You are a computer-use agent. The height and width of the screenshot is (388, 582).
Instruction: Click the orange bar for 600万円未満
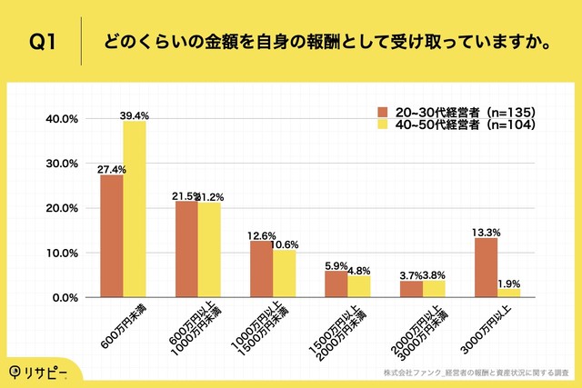coord(112,236)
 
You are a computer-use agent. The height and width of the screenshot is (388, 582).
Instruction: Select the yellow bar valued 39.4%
coord(135,209)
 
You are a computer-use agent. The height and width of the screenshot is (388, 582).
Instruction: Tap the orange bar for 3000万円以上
coord(486,268)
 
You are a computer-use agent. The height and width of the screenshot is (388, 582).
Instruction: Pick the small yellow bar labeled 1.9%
coord(508,293)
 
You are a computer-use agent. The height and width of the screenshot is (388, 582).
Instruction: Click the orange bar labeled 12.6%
coord(261,269)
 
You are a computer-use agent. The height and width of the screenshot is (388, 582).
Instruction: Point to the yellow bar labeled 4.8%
coord(358,287)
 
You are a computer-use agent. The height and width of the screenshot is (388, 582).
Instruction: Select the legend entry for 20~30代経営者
coord(455,111)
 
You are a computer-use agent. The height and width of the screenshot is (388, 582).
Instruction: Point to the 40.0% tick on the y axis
coord(61,119)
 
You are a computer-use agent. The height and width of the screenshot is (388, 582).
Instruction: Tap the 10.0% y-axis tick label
coord(61,254)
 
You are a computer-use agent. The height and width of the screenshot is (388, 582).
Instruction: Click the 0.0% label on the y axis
coord(64,298)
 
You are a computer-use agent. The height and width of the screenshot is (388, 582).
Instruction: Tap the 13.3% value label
coord(486,231)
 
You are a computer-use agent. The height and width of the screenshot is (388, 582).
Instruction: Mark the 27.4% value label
coord(112,168)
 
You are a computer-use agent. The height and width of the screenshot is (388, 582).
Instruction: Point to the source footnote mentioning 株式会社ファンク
coord(477,373)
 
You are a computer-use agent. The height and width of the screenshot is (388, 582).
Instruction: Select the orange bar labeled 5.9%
coord(336,284)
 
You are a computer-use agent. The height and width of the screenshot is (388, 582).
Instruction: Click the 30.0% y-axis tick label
coord(61,164)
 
